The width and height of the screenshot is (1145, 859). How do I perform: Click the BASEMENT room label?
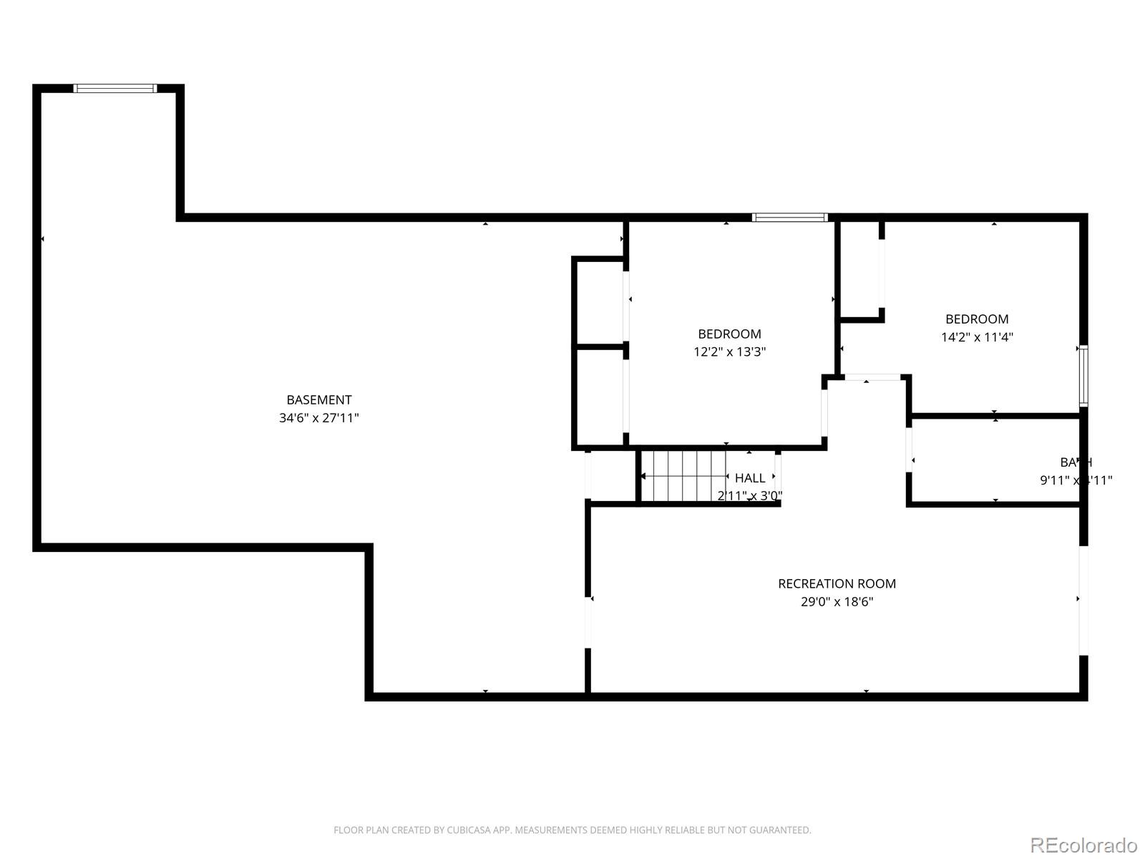(x=318, y=400)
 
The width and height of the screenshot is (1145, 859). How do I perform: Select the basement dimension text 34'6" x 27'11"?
(x=318, y=418)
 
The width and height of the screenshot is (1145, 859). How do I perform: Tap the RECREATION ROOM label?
(x=837, y=583)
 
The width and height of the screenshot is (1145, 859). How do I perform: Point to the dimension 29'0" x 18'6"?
(x=837, y=602)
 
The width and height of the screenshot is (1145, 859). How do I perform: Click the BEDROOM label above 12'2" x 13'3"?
(x=729, y=334)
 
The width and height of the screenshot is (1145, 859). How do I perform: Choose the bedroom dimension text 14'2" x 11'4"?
(x=977, y=337)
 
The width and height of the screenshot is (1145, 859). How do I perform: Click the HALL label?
(x=750, y=477)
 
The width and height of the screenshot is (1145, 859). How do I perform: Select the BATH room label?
(x=1076, y=462)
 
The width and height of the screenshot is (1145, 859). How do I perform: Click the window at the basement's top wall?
(x=114, y=89)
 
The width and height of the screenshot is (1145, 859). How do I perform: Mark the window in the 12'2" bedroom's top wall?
(x=789, y=218)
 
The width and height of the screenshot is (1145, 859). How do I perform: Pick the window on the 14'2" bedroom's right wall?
(x=1083, y=376)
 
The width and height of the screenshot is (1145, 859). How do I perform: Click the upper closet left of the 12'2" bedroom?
(x=600, y=303)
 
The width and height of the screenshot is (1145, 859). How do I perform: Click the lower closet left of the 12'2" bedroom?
(x=600, y=397)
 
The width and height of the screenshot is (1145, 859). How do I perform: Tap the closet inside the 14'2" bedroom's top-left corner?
(x=859, y=268)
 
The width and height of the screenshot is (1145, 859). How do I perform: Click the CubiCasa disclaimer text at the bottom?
(x=572, y=830)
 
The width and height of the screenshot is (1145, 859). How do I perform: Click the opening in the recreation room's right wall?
(x=1083, y=600)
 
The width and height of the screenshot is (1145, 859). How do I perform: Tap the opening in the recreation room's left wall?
(x=588, y=621)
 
